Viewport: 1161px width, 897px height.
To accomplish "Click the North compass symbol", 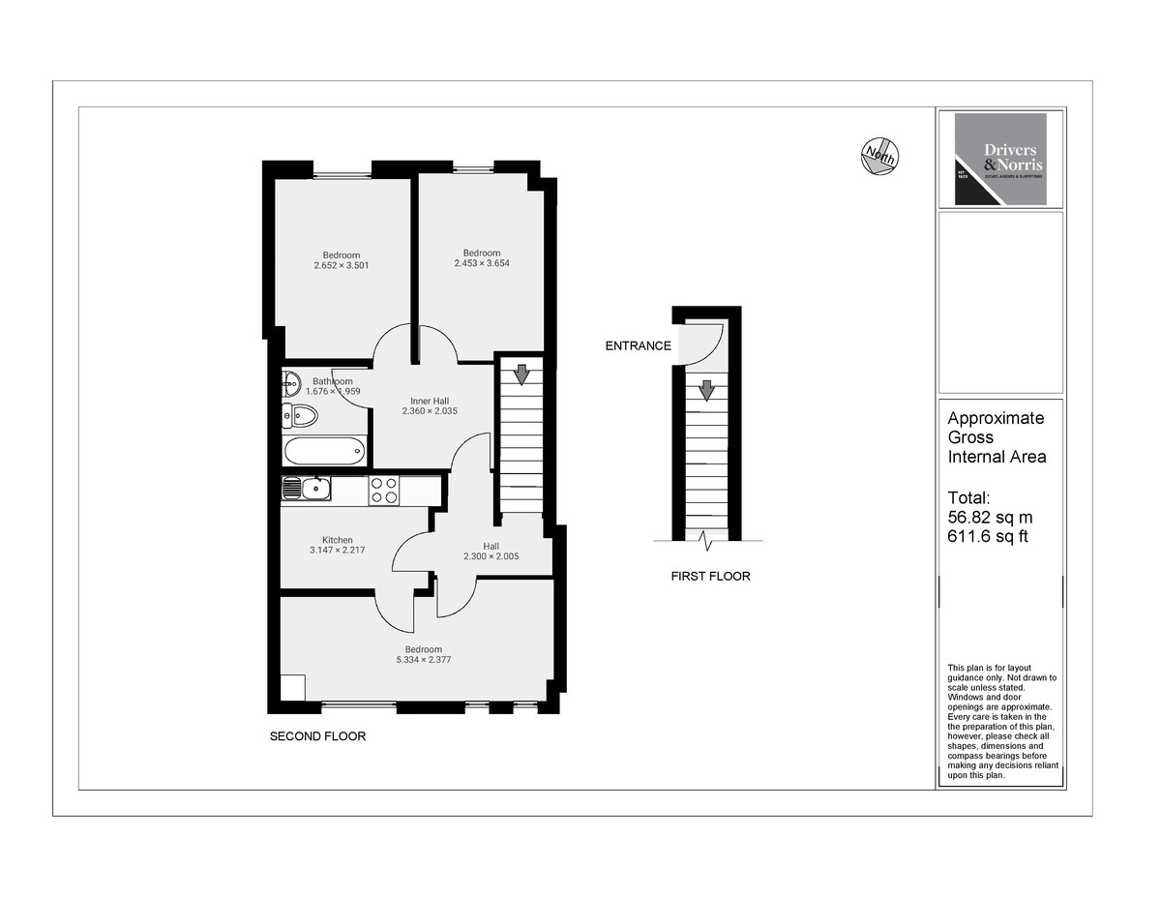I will coord(879,156).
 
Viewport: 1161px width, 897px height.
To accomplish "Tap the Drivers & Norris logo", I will coord(1000,159).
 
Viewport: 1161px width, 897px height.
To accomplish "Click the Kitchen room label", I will coord(338,540).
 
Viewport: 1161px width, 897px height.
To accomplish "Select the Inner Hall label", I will coord(430,401).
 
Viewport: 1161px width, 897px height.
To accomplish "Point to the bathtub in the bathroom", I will coord(325,449).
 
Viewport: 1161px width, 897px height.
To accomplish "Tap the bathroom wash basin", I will coord(291,385).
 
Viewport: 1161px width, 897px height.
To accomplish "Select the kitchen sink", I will coord(307,490).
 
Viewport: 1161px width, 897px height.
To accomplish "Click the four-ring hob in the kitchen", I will coord(384,490).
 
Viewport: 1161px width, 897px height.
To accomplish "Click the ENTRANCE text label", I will coord(638,345).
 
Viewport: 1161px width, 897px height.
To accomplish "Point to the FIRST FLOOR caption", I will coord(710,577).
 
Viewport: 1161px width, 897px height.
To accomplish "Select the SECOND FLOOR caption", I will coord(317,736).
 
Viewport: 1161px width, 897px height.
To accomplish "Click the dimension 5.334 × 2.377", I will coord(424,660).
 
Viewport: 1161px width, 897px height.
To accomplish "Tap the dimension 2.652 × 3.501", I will coord(342,265).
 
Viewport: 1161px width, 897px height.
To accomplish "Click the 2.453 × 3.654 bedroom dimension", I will coord(482,262).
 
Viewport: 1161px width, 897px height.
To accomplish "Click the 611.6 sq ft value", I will coord(983,536).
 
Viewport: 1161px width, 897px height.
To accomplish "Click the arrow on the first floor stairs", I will coord(706,389).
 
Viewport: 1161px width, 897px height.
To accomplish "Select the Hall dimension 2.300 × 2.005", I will coord(491,556).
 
